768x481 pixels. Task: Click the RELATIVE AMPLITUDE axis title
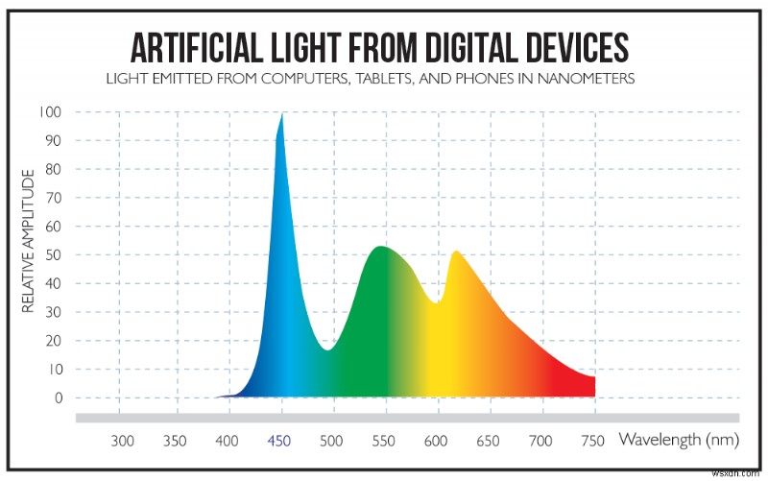(29, 241)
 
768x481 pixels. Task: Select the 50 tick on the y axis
(56, 255)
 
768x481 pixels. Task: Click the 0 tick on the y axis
(60, 397)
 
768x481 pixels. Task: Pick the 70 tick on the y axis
(56, 198)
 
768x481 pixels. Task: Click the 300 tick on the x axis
(121, 442)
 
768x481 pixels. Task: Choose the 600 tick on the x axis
(437, 442)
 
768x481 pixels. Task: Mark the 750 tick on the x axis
(594, 442)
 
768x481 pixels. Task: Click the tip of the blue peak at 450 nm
(281, 114)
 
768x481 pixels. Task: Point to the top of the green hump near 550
(382, 248)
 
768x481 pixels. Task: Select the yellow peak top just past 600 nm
(455, 253)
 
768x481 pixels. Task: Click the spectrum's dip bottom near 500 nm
(327, 349)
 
